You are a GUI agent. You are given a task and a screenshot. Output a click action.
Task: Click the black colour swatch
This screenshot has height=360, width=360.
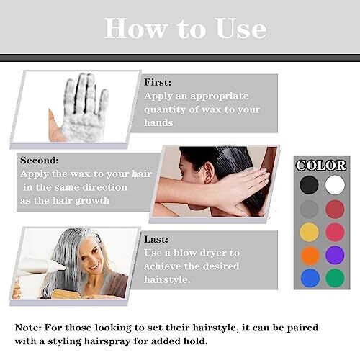(309, 185)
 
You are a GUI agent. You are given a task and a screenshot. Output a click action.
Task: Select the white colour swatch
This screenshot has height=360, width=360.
(335, 185)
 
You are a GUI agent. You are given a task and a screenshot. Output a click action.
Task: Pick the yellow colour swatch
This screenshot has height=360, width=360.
(310, 233)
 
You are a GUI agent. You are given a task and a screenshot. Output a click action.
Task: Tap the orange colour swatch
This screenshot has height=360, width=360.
(310, 256)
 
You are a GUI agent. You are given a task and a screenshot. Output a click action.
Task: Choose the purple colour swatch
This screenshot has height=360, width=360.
(335, 255)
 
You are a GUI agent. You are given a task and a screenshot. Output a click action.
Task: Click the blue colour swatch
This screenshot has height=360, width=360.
(310, 278)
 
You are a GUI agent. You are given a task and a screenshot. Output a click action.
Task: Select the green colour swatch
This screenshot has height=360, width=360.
(335, 278)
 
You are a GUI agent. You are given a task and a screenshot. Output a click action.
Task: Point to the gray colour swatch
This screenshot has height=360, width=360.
(309, 209)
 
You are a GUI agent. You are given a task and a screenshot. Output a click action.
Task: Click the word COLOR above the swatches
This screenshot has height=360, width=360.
(321, 166)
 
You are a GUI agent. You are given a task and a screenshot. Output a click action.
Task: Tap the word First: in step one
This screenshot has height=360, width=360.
(158, 82)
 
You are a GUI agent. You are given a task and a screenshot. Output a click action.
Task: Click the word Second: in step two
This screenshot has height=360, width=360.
(39, 161)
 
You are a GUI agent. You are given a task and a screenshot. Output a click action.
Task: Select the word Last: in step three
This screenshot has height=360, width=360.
(156, 239)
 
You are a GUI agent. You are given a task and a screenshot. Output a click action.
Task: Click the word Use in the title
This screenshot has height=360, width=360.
(241, 28)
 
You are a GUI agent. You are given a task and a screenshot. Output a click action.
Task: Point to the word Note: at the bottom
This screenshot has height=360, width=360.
(28, 328)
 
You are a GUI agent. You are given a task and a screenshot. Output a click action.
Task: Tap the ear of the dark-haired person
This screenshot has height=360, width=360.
(210, 173)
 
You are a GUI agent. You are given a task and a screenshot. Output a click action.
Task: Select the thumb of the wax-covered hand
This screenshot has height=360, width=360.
(55, 125)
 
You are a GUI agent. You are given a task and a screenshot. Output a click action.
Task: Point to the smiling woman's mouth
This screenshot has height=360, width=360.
(94, 267)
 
